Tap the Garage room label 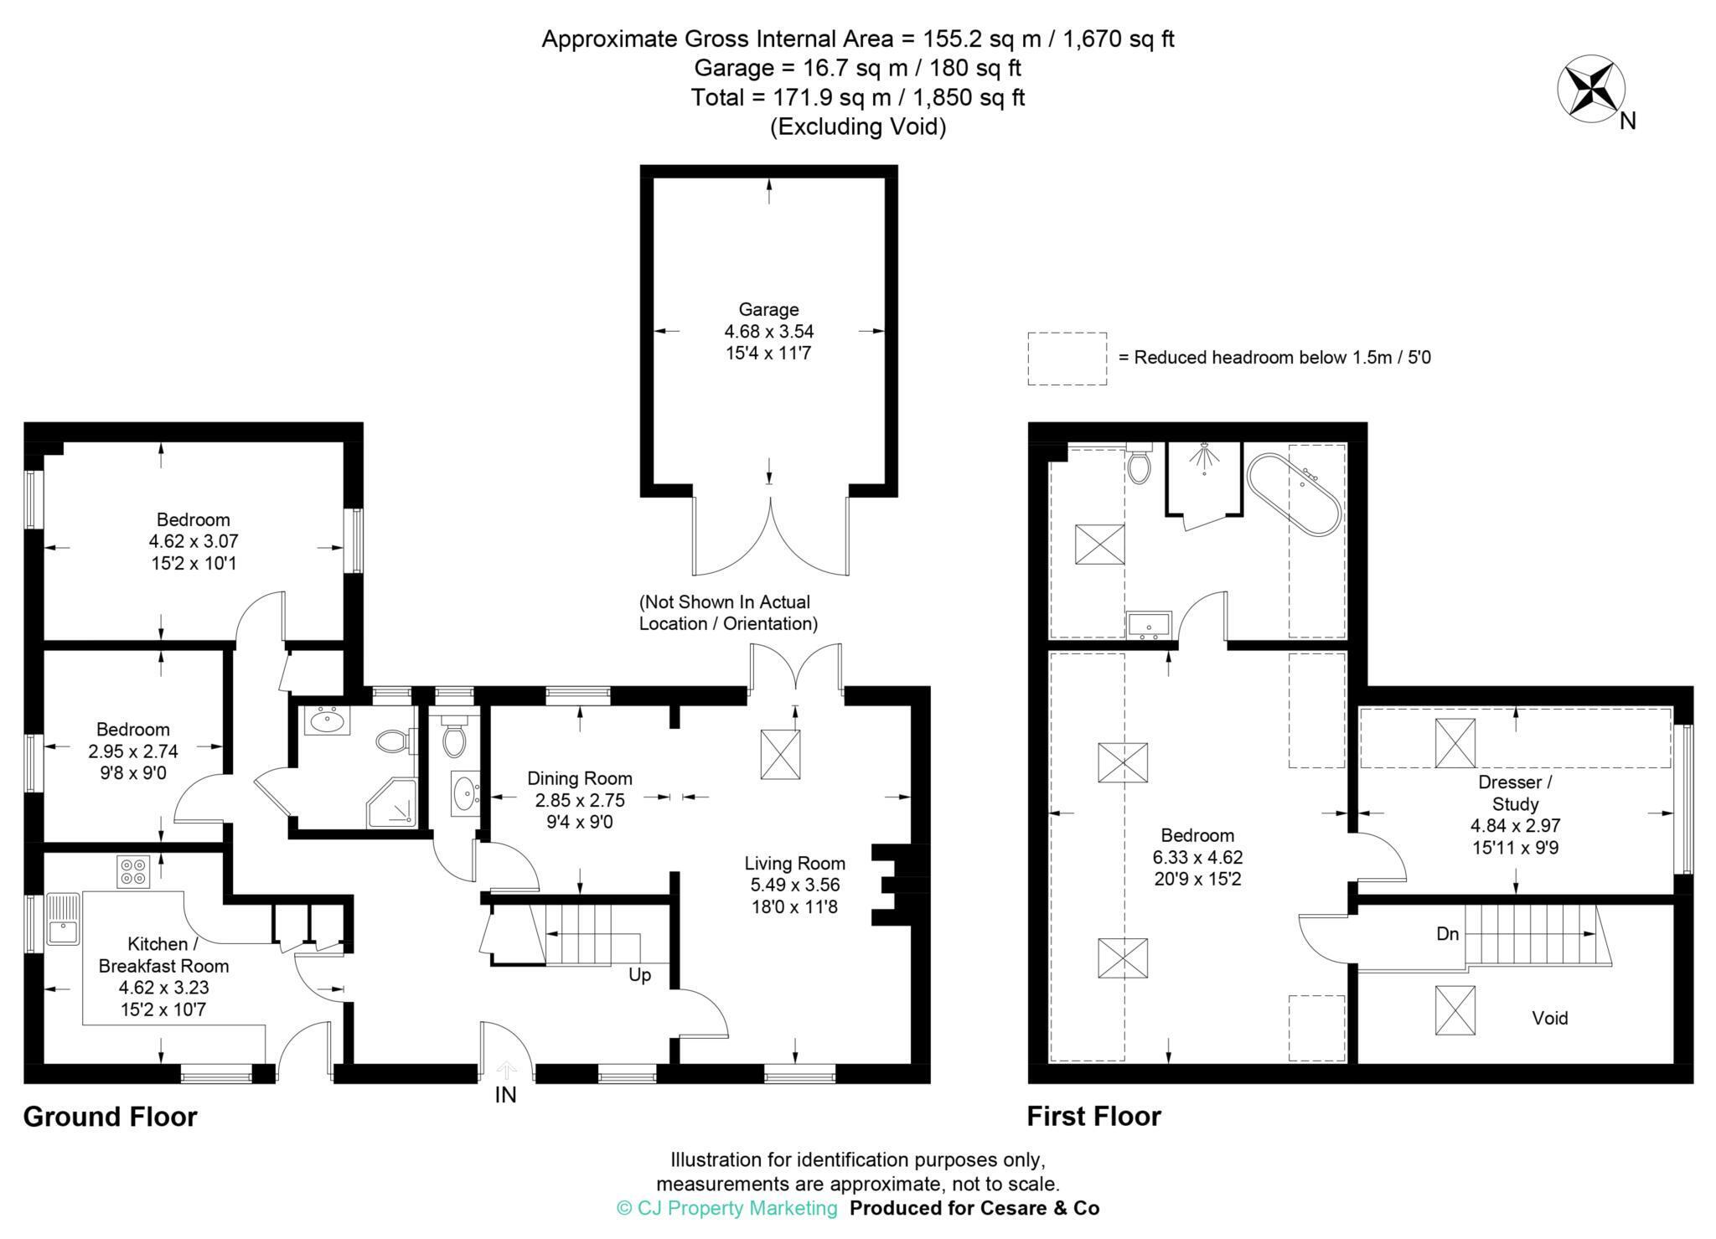pyautogui.click(x=768, y=309)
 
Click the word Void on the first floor pyautogui.click(x=1549, y=1018)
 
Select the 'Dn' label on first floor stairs pyautogui.click(x=1447, y=933)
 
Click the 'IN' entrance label pyautogui.click(x=505, y=1094)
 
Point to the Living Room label pyautogui.click(x=795, y=863)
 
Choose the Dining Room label pyautogui.click(x=580, y=778)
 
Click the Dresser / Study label pyautogui.click(x=1515, y=793)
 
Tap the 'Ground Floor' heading pyautogui.click(x=110, y=1117)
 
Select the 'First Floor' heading pyautogui.click(x=1094, y=1117)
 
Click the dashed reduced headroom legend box pyautogui.click(x=1067, y=359)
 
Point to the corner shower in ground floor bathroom pyautogui.click(x=391, y=803)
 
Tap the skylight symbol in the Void pyautogui.click(x=1455, y=1010)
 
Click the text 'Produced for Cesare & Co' pyautogui.click(x=974, y=1208)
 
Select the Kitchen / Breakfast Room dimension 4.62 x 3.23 pyautogui.click(x=164, y=988)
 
